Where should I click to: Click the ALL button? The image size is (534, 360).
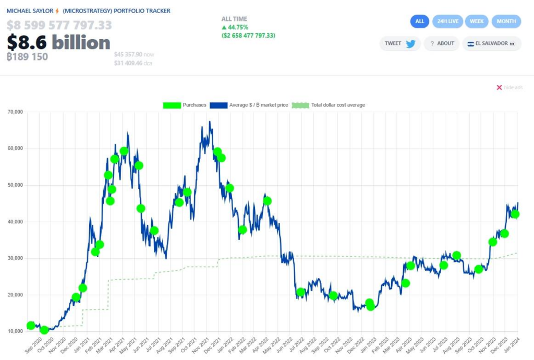pyautogui.click(x=420, y=21)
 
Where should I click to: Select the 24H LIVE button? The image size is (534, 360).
pyautogui.click(x=447, y=21)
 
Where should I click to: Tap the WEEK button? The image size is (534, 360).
pyautogui.click(x=477, y=21)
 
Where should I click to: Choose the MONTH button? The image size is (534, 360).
pyautogui.click(x=506, y=21)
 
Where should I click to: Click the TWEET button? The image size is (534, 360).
pyautogui.click(x=400, y=44)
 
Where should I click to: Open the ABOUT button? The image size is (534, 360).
pyautogui.click(x=442, y=44)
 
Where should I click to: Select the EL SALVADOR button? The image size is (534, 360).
pyautogui.click(x=491, y=44)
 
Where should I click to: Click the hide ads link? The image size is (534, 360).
pyautogui.click(x=509, y=88)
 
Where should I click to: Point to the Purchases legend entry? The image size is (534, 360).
pyautogui.click(x=185, y=105)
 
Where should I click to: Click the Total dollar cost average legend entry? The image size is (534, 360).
pyautogui.click(x=329, y=105)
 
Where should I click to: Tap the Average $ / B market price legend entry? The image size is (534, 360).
pyautogui.click(x=249, y=105)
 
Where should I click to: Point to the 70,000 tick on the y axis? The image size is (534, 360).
pyautogui.click(x=15, y=112)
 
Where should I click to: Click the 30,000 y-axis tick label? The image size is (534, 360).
pyautogui.click(x=15, y=258)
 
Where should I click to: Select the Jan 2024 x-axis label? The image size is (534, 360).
pyautogui.click(x=512, y=344)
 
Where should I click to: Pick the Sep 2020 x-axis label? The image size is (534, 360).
pyautogui.click(x=33, y=345)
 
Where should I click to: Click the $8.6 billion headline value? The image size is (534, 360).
pyautogui.click(x=58, y=42)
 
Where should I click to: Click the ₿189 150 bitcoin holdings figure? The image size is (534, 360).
pyautogui.click(x=27, y=56)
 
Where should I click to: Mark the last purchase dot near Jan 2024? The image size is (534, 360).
pyautogui.click(x=515, y=214)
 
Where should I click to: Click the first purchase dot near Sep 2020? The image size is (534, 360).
pyautogui.click(x=31, y=326)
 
